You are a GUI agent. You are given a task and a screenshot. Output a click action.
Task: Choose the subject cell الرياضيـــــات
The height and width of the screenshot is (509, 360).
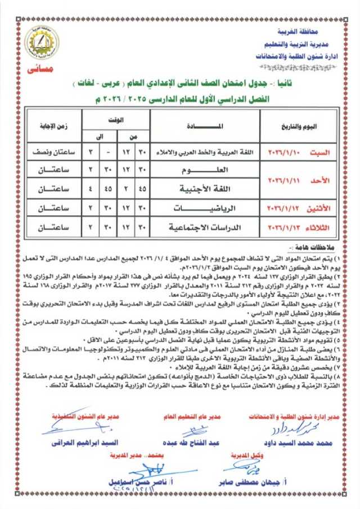pyautogui.click(x=206, y=208)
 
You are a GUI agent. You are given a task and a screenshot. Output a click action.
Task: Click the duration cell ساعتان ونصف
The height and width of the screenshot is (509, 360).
pyautogui.click(x=53, y=152)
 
